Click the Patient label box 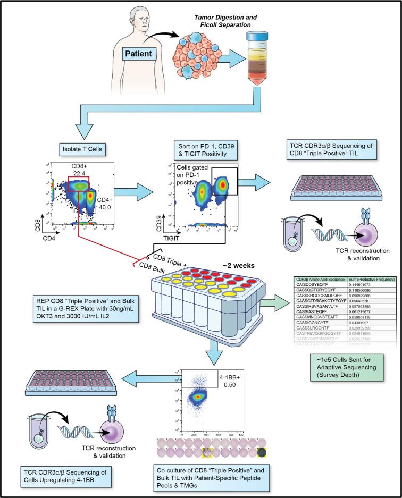140,53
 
